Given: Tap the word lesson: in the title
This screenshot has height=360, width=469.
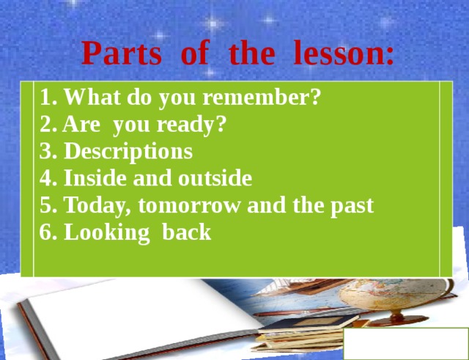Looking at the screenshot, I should click(343, 53).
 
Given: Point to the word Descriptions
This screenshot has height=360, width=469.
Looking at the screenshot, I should click(128, 152).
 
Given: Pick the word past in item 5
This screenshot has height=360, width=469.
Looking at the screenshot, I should click(351, 206).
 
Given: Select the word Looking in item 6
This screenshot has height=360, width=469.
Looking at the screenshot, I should click(104, 233).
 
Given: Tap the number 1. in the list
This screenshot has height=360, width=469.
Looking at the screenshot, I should click(48, 98).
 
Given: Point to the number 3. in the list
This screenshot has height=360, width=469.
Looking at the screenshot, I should click(48, 152).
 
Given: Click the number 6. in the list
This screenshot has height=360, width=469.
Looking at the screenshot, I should click(48, 233).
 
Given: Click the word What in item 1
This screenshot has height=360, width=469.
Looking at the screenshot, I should click(95, 98).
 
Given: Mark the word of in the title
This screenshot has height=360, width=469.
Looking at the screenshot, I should click(195, 53).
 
